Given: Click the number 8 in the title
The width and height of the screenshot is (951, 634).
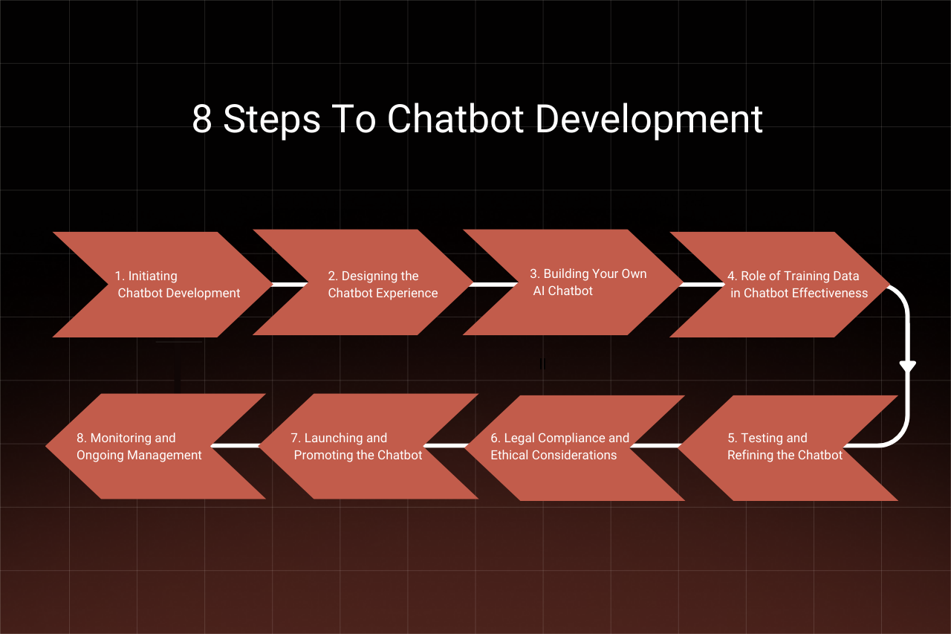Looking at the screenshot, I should [201, 120].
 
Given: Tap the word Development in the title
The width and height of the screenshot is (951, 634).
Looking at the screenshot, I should [649, 120].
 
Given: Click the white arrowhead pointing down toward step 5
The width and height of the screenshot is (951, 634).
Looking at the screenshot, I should [907, 366].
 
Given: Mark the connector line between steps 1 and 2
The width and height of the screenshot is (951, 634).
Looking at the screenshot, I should [289, 284].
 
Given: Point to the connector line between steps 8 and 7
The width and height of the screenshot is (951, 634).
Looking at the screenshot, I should [236, 446].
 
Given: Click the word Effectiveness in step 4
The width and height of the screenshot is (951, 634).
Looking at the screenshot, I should [829, 293].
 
